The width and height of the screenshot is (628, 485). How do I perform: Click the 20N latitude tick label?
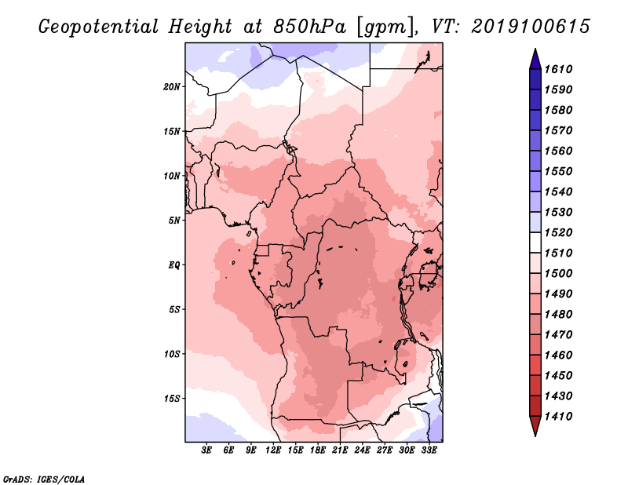coord(172,87)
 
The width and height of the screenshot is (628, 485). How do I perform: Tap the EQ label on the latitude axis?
coord(174,265)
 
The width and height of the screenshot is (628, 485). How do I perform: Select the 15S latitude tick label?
coord(172,399)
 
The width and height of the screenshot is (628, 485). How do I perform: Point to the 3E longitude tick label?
coord(206,450)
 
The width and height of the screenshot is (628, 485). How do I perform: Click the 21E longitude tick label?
coord(340,450)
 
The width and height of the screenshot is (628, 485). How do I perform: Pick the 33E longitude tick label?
coord(429,450)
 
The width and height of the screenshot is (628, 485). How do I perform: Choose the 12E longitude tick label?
coord(273,450)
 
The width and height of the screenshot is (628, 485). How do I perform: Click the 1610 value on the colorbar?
coord(559,69)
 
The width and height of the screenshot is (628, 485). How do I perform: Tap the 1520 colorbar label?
coord(559,232)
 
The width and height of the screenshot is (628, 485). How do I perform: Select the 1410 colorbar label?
coord(559,417)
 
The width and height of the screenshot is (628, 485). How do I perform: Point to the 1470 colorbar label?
coord(559,335)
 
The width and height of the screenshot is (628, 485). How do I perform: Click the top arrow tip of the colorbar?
coord(535,49)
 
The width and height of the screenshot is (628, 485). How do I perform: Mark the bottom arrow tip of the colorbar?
coord(535,436)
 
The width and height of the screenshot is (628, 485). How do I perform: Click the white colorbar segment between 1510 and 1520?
coord(535,242)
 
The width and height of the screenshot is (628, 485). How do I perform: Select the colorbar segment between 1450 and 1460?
coord(535,365)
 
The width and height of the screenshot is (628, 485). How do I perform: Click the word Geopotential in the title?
coord(99,27)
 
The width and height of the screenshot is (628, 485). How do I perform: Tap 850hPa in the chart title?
coord(309,27)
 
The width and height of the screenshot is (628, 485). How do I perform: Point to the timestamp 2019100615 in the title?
coord(531,27)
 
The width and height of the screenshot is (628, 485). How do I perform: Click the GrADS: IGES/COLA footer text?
coord(44,480)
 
